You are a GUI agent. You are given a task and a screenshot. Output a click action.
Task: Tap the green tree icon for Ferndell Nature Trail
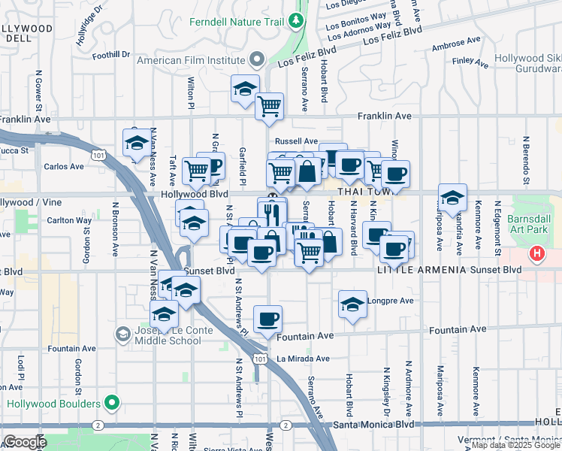297,21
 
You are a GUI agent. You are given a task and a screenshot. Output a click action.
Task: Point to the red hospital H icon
536,253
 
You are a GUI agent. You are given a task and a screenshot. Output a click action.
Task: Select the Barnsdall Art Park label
535,225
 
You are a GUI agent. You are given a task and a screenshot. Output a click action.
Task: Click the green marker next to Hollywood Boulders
112,404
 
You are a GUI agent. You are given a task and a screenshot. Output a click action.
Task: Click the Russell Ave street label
296,141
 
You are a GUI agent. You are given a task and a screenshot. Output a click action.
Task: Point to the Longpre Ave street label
391,301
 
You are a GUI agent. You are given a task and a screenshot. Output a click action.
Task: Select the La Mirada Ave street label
303,359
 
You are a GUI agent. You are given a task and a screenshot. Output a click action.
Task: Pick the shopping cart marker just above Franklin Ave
269,106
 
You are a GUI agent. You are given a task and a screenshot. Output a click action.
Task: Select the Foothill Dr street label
111,55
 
